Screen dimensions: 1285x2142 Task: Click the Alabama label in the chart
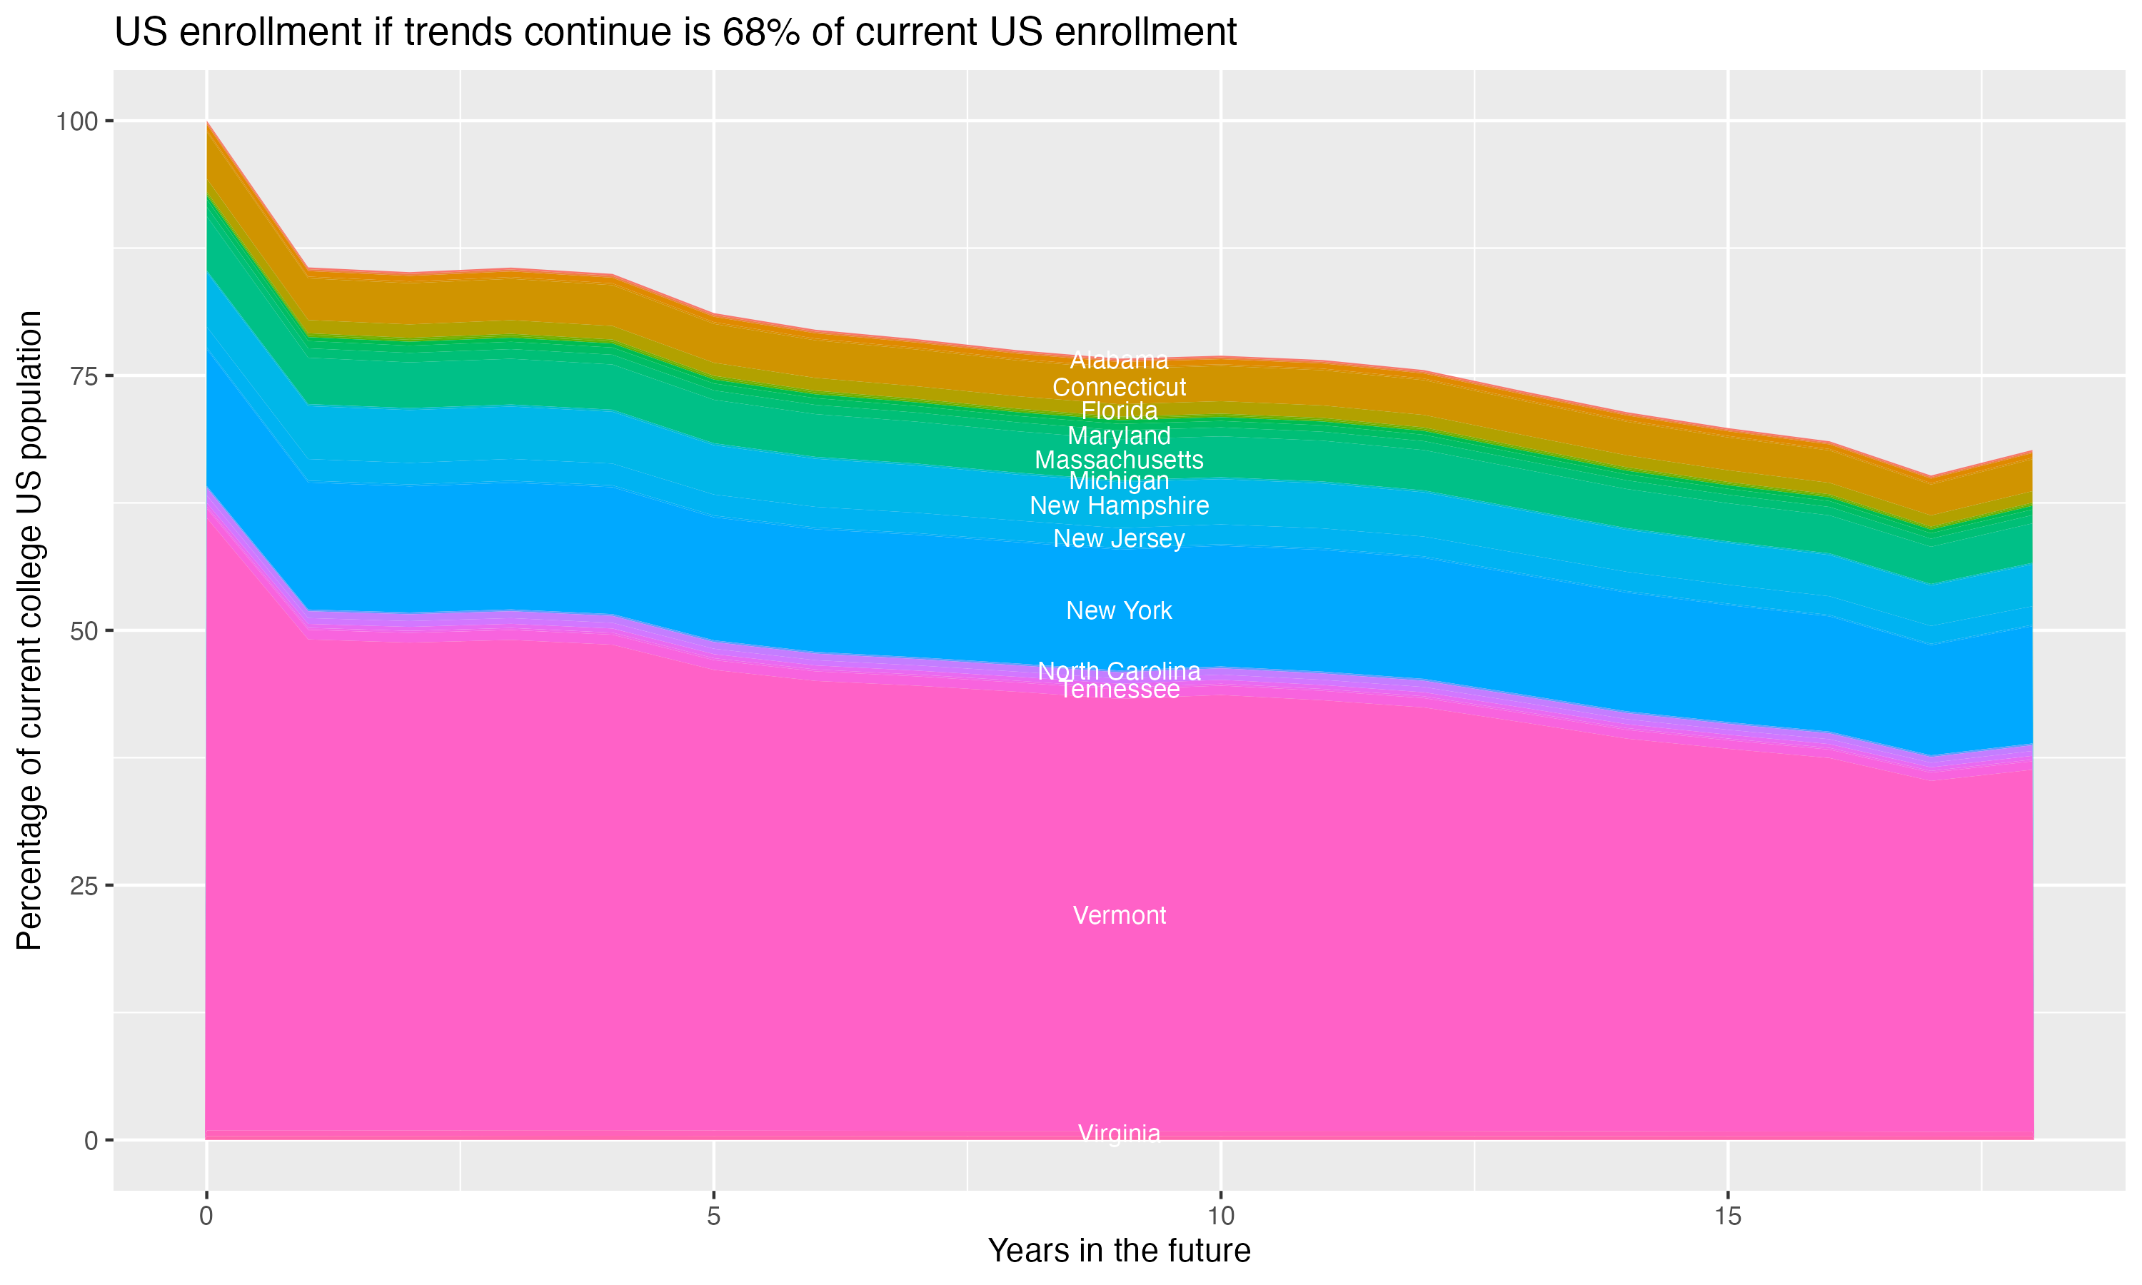pyautogui.click(x=1119, y=361)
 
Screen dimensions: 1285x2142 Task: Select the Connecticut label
pyautogui.click(x=1119, y=387)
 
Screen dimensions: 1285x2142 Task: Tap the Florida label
pyautogui.click(x=1119, y=410)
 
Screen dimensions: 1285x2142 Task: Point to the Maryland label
pyautogui.click(x=1119, y=435)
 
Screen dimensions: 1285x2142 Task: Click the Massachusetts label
pyautogui.click(x=1119, y=460)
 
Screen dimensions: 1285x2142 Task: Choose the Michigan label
pyautogui.click(x=1119, y=480)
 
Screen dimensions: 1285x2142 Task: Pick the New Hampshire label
pyautogui.click(x=1119, y=505)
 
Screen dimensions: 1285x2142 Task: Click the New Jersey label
pyautogui.click(x=1119, y=538)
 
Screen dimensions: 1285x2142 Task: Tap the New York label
pyautogui.click(x=1119, y=610)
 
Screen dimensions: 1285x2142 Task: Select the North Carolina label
pyautogui.click(x=1119, y=671)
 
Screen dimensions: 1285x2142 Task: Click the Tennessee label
pyautogui.click(x=1119, y=690)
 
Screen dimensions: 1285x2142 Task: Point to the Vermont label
pyautogui.click(x=1119, y=915)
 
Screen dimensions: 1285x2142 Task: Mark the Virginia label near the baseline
pyautogui.click(x=1119, y=1133)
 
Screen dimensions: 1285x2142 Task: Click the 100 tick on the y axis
pyautogui.click(x=77, y=121)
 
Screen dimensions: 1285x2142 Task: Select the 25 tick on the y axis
pyautogui.click(x=83, y=886)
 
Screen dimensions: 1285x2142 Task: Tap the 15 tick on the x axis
pyautogui.click(x=1727, y=1216)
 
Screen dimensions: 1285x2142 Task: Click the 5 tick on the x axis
pyautogui.click(x=713, y=1216)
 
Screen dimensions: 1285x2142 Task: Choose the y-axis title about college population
pyautogui.click(x=29, y=630)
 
